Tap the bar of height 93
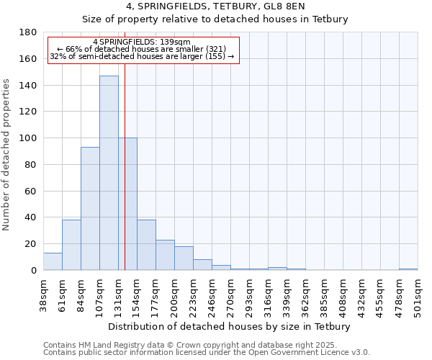coord(90,209)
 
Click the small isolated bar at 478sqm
coord(408,269)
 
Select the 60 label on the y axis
coord(32,191)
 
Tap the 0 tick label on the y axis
coord(35,270)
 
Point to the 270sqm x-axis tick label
coord(230,294)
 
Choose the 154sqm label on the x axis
coord(137,294)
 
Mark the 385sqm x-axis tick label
coord(324,294)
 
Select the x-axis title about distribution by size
coord(230,326)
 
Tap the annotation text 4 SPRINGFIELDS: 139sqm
coord(142,42)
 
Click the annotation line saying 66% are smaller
coord(142,49)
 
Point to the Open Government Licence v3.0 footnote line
coord(207,353)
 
